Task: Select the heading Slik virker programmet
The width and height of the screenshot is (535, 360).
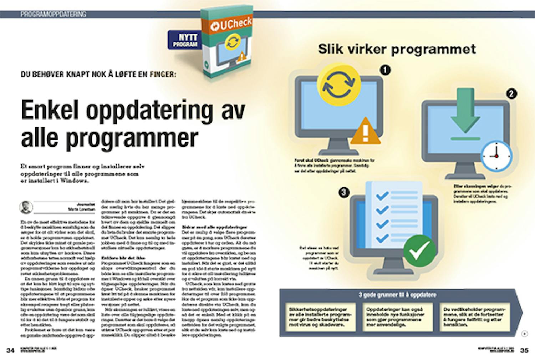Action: tap(397, 49)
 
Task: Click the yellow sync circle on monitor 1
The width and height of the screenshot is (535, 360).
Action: tap(338, 85)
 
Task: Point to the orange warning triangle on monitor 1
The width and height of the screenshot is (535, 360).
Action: tap(365, 132)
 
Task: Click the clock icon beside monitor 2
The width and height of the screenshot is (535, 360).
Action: tap(496, 156)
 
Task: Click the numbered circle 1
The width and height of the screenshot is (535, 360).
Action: tap(385, 70)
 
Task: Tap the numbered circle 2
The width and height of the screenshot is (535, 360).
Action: tap(511, 94)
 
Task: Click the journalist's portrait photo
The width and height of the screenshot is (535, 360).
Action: tap(26, 207)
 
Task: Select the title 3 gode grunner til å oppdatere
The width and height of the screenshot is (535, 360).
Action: tap(397, 295)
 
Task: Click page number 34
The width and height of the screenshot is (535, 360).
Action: tap(11, 350)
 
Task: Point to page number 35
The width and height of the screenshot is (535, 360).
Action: tap(524, 350)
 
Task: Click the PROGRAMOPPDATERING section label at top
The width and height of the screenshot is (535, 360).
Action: tap(53, 15)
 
